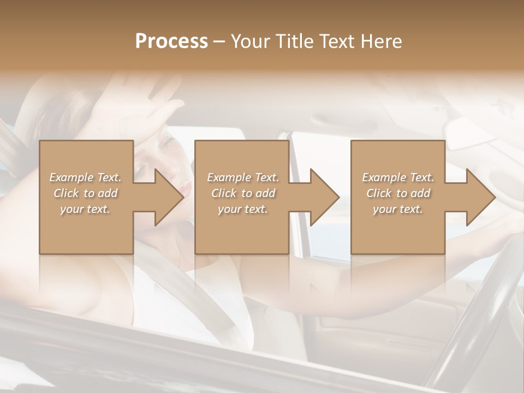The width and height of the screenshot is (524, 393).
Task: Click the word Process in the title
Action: click(x=171, y=41)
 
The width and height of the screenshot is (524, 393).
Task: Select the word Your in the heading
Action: click(x=249, y=41)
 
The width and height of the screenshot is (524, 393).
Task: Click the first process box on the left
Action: click(x=86, y=229)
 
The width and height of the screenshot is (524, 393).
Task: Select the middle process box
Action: click(x=242, y=229)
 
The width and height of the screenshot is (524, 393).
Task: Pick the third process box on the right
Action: click(x=397, y=229)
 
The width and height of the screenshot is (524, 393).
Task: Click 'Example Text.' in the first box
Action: click(x=85, y=177)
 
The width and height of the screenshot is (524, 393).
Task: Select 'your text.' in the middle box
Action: click(x=242, y=209)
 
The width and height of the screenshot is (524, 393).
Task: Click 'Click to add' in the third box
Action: click(x=398, y=193)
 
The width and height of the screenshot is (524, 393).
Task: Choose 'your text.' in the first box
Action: click(x=85, y=209)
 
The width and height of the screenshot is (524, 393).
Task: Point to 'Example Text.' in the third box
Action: click(x=398, y=177)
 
